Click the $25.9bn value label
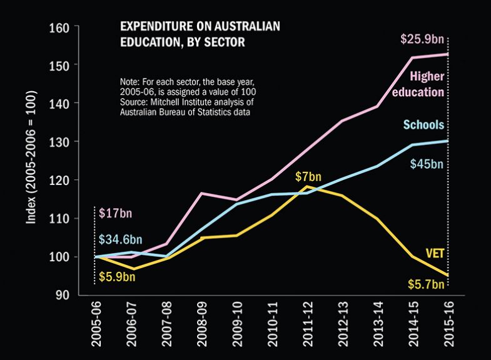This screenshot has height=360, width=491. pos(422,40)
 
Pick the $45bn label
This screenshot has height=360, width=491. pos(428,164)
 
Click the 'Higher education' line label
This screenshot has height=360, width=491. pos(427,84)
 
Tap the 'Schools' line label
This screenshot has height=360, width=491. pos(423,125)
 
